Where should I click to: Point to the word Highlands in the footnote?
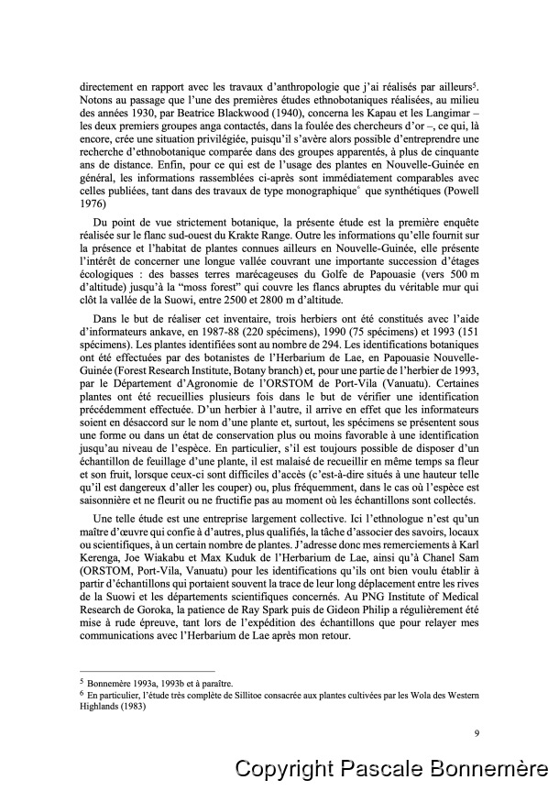(x=101, y=707)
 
